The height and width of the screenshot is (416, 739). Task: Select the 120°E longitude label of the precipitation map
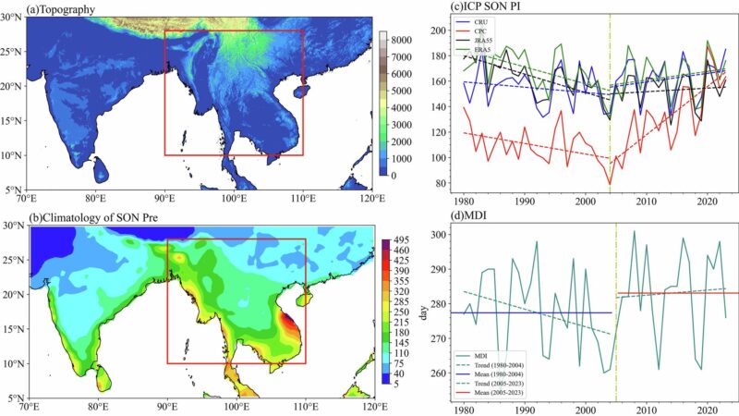[374, 407]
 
